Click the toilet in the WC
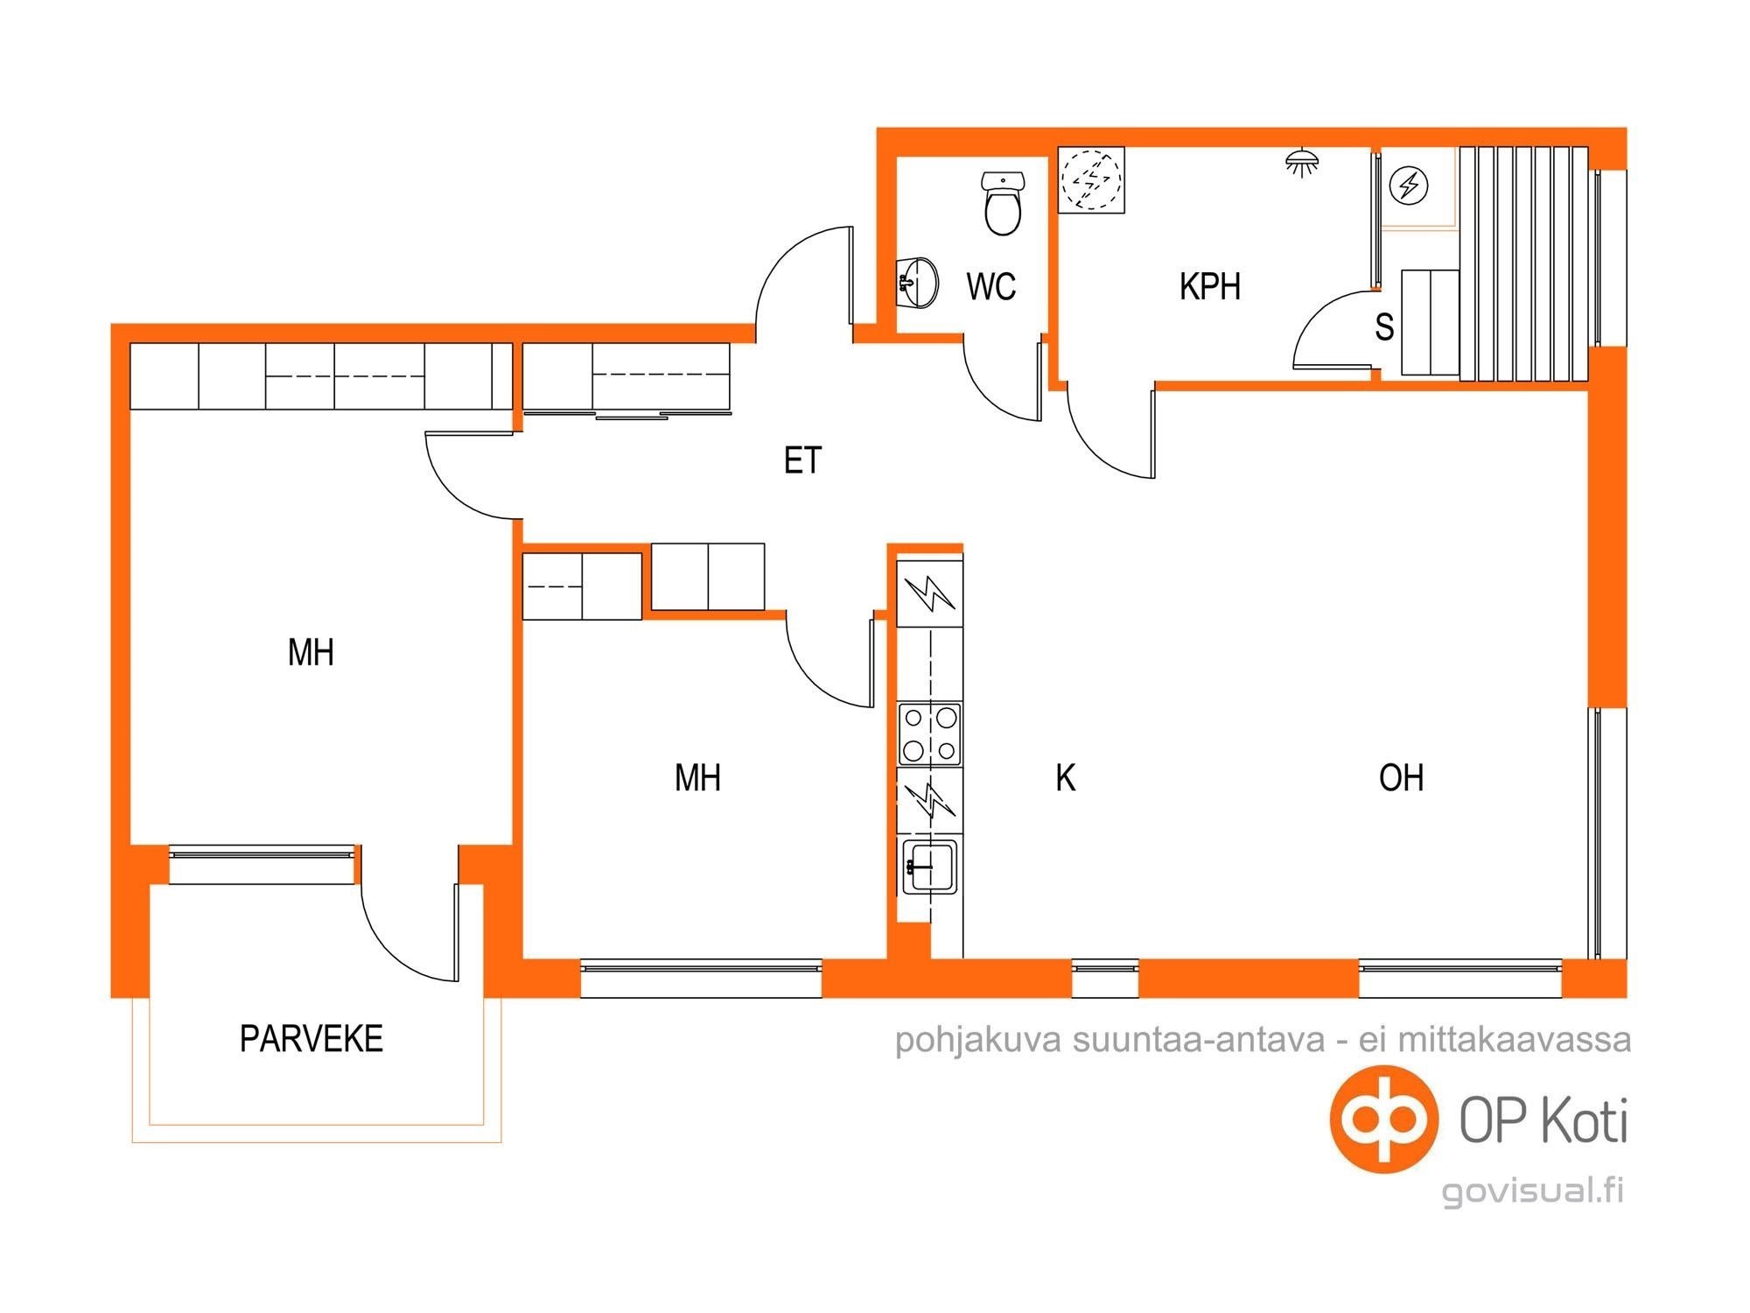[1003, 204]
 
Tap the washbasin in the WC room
[917, 282]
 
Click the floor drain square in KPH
[1091, 180]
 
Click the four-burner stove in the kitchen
[930, 734]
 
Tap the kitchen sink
[930, 867]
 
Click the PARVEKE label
[311, 1039]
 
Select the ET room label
[802, 460]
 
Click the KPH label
[1210, 287]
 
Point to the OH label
[1401, 777]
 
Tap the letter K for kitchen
[1065, 777]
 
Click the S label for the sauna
[1384, 327]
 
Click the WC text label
[991, 287]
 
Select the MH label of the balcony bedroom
[311, 653]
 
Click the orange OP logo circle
[1384, 1119]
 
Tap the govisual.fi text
[1532, 1192]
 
